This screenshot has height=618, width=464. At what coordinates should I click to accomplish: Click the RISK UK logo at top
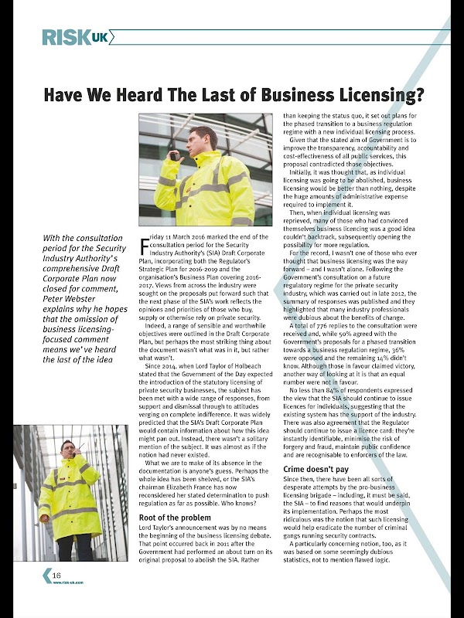pyautogui.click(x=76, y=36)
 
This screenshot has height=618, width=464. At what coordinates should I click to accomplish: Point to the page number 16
pyautogui.click(x=56, y=576)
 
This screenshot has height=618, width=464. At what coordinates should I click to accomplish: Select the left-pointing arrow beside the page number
pyautogui.click(x=46, y=576)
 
